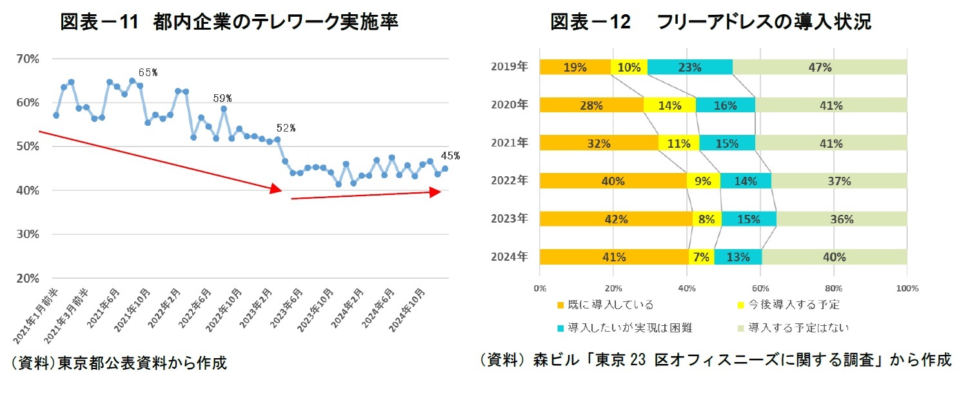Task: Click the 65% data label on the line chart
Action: [x=148, y=72]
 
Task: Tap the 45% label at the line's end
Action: [x=450, y=156]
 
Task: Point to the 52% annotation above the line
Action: [x=286, y=128]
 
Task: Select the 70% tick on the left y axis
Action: [x=28, y=59]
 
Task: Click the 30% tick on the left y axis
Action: [x=28, y=234]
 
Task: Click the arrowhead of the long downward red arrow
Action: [x=276, y=188]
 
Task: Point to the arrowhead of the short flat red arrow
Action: [x=435, y=192]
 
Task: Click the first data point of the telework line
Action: [x=56, y=116]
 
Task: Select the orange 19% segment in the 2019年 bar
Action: [x=575, y=67]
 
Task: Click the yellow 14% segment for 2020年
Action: [x=670, y=105]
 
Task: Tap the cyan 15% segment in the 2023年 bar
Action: [x=749, y=219]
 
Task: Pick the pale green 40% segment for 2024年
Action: [x=834, y=257]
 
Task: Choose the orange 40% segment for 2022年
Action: [x=613, y=181]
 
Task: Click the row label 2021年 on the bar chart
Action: [x=509, y=143]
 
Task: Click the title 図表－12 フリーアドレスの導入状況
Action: [x=710, y=22]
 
